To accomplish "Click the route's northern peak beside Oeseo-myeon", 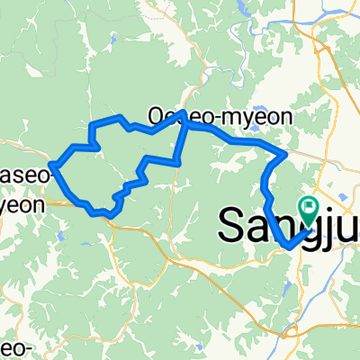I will (x=184, y=112).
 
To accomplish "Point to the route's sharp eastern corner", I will (x=285, y=155).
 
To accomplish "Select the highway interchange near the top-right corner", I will (x=317, y=41).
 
